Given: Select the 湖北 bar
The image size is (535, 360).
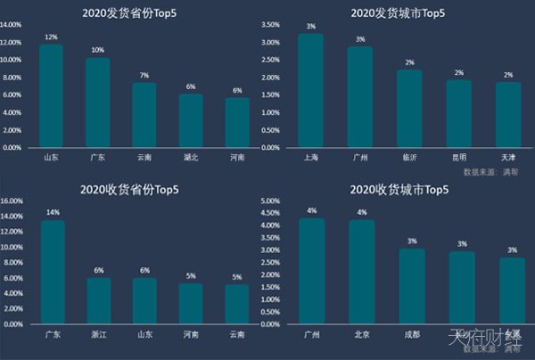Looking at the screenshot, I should point(191,121).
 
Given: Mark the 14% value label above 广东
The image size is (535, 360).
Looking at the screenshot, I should point(52,213).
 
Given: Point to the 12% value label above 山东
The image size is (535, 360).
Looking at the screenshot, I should point(52,37).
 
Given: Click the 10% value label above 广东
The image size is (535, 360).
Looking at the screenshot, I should point(98,51).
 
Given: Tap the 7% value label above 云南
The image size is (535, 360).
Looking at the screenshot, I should point(144,75).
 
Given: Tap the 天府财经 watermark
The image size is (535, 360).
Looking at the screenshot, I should point(487,340).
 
